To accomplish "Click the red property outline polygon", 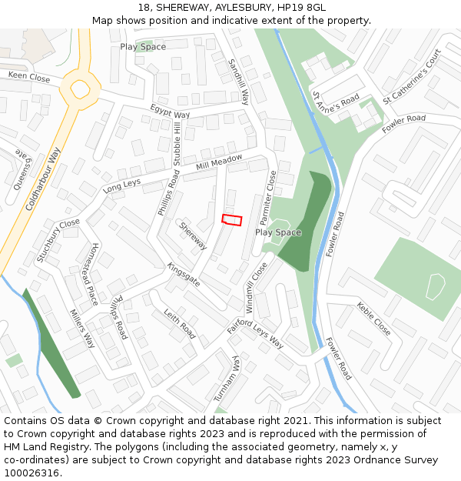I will tap(232, 219).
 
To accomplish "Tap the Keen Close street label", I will tap(29, 77).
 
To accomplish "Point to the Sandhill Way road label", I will tap(240, 81).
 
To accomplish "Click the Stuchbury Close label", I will tap(58, 240).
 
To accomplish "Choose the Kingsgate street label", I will tap(184, 275).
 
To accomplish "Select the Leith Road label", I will tap(179, 324).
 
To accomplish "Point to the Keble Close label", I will tap(373, 319).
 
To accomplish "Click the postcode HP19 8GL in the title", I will tap(300, 7).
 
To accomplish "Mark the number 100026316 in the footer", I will tap(32, 473).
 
